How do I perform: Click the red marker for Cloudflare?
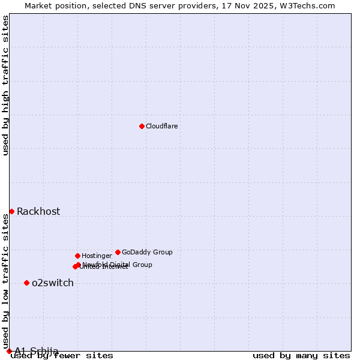(x=142, y=126)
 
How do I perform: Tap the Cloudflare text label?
(x=162, y=126)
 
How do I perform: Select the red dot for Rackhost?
(x=11, y=211)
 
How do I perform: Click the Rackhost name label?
(x=38, y=211)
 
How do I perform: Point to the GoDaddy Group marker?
(x=118, y=252)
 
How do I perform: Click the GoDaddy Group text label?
(x=147, y=252)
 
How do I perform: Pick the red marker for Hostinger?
(x=77, y=256)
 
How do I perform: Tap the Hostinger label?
(x=97, y=256)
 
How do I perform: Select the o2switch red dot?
(x=26, y=283)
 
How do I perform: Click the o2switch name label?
(x=53, y=283)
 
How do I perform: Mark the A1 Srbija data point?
(x=9, y=351)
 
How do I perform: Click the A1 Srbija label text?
(x=37, y=351)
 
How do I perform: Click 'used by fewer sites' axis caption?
(x=62, y=355)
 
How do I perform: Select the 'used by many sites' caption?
(x=301, y=355)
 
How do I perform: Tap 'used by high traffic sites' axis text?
(x=6, y=86)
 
